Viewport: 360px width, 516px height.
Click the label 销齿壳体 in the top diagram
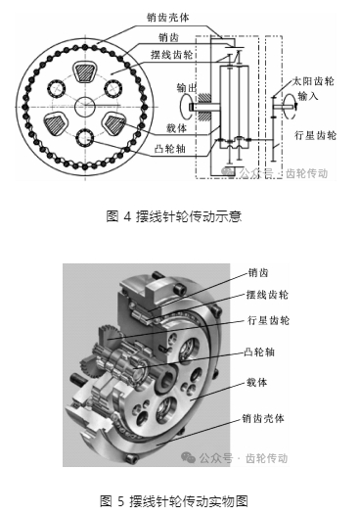click(168, 18)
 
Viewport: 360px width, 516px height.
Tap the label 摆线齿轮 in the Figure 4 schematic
click(171, 54)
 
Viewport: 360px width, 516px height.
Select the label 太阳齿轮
click(313, 81)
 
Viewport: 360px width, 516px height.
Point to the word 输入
click(308, 96)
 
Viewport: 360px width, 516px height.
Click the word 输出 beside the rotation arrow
click(187, 88)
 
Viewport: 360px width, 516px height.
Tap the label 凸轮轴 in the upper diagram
click(170, 149)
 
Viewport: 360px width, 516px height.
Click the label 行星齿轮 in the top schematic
click(315, 135)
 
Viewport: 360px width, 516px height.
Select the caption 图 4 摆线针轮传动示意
click(174, 216)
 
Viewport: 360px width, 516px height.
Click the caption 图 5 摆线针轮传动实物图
click(174, 501)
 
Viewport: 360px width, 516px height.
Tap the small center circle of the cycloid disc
click(85, 107)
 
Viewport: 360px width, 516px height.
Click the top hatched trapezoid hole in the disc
click(85, 71)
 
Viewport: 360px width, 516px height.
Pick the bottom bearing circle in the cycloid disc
click(85, 138)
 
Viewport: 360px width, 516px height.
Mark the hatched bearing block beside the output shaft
click(204, 108)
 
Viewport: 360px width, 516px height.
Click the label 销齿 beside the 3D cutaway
click(258, 273)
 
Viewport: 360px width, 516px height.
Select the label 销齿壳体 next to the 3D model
click(263, 419)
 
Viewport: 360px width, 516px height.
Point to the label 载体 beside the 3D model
click(256, 383)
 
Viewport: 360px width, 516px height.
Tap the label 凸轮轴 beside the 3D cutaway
click(259, 352)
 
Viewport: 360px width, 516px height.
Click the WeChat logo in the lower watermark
click(189, 457)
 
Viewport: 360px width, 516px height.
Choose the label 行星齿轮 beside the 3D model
click(268, 320)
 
